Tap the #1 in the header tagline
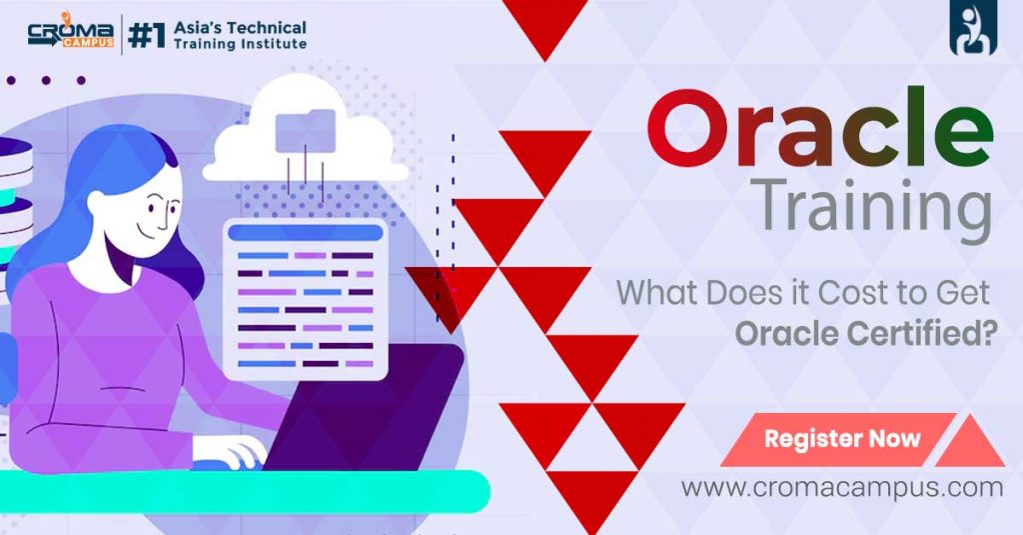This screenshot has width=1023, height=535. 149,36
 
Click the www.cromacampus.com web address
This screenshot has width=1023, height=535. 842,488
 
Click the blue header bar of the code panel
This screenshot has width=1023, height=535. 305,232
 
